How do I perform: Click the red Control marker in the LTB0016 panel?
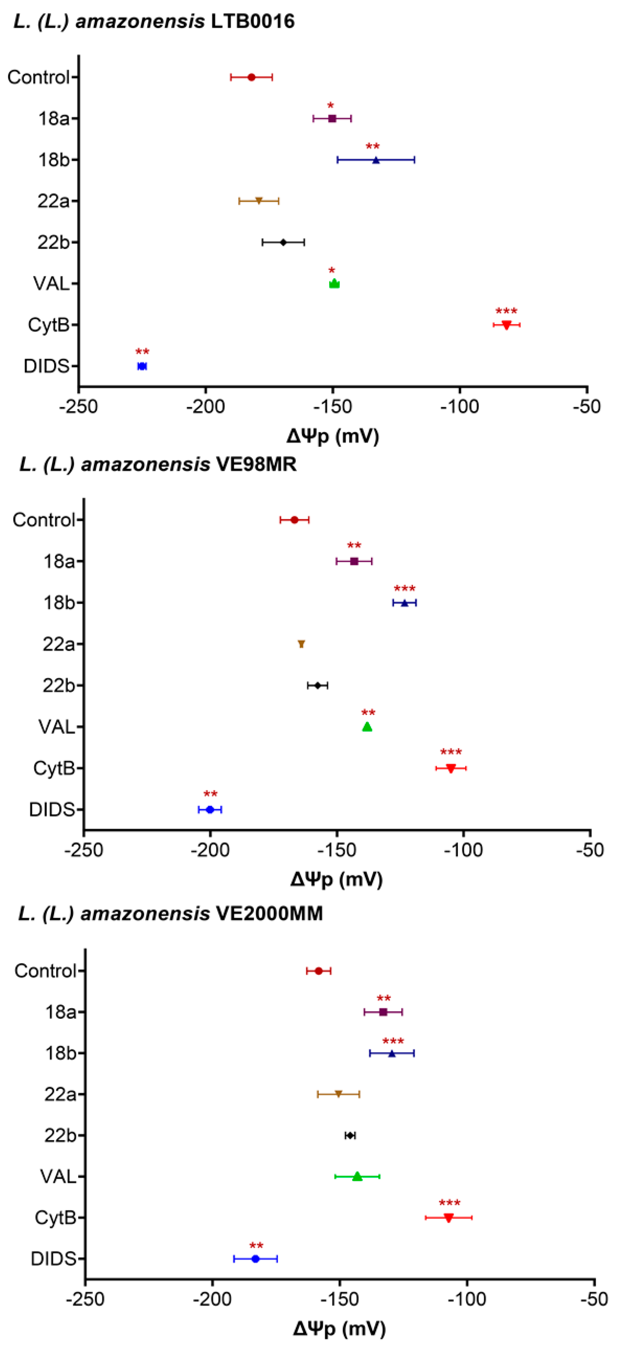[x=251, y=77]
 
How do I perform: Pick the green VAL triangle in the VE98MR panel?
[x=367, y=727]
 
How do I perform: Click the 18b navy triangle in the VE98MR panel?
[x=404, y=603]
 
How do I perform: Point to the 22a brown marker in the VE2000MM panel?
[x=338, y=1094]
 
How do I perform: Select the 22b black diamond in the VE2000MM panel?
[x=350, y=1135]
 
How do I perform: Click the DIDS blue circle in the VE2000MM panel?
[x=256, y=1259]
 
